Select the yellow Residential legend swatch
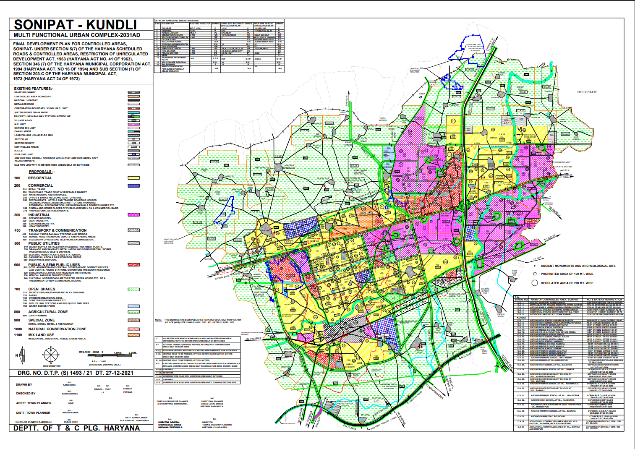[133, 178]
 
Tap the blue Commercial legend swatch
[133, 185]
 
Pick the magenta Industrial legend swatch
[133, 215]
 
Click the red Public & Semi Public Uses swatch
[133, 265]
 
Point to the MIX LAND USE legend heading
[41, 335]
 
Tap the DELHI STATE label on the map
[587, 92]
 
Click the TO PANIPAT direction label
[253, 339]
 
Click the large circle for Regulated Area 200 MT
[535, 283]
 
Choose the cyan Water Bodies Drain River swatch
[133, 112]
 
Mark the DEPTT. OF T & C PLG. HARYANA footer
[77, 428]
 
